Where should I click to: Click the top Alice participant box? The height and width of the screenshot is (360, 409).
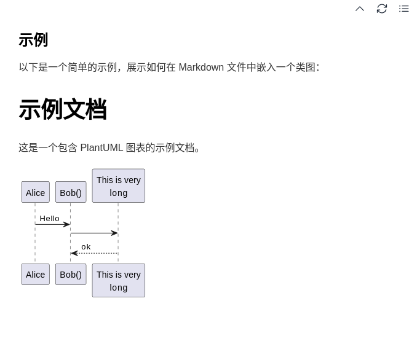pyautogui.click(x=35, y=192)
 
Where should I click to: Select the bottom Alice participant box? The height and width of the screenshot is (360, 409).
pyautogui.click(x=35, y=274)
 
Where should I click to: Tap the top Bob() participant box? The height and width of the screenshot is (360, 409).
pyautogui.click(x=71, y=192)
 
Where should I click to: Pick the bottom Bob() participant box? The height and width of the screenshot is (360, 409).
pyautogui.click(x=71, y=274)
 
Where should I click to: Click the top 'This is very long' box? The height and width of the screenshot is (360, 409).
pyautogui.click(x=119, y=186)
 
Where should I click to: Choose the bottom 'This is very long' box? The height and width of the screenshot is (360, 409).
pyautogui.click(x=119, y=280)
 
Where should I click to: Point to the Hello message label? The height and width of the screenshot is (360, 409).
pyautogui.click(x=50, y=218)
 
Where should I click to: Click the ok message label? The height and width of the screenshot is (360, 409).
pyautogui.click(x=86, y=247)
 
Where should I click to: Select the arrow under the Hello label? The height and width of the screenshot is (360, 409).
pyautogui.click(x=52, y=225)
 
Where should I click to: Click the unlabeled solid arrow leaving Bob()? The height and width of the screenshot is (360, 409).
pyautogui.click(x=94, y=233)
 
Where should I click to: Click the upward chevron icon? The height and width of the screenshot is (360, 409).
pyautogui.click(x=360, y=9)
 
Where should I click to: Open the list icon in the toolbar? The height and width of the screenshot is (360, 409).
pyautogui.click(x=403, y=9)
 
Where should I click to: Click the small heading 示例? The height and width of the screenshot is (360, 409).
pyautogui.click(x=33, y=40)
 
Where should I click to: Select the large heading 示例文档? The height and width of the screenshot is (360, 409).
pyautogui.click(x=63, y=109)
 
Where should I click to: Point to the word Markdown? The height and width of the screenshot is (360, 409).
pyautogui.click(x=201, y=67)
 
